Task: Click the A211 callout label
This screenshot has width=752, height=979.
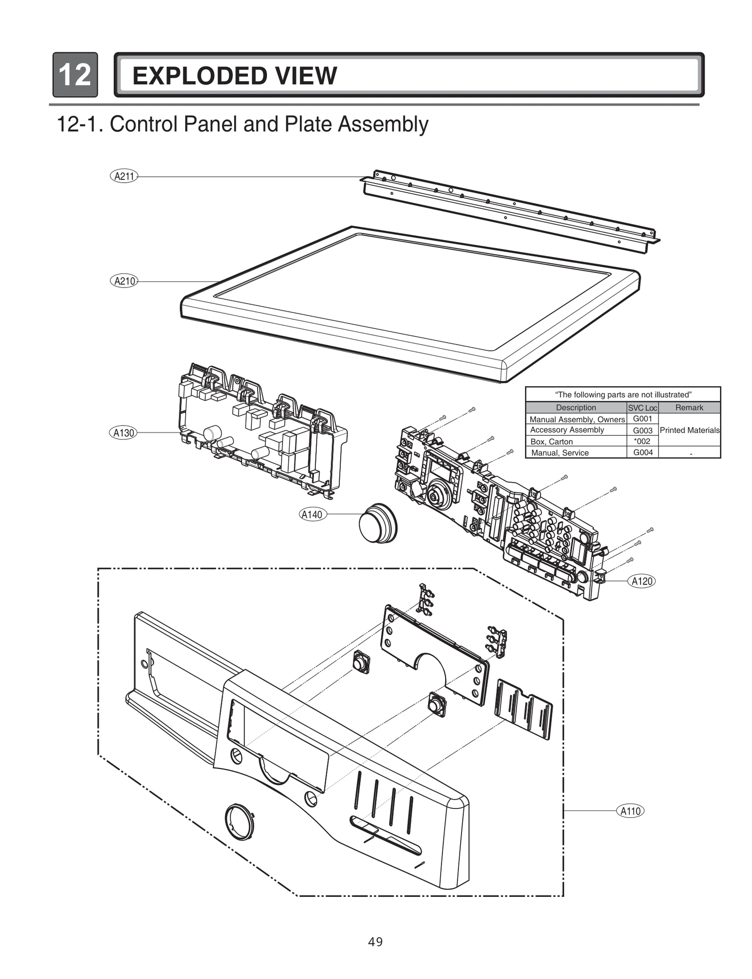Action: click(124, 176)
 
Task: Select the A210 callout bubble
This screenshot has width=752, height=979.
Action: click(124, 281)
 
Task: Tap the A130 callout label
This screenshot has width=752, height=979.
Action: click(124, 433)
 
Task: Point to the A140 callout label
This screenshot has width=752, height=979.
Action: click(313, 514)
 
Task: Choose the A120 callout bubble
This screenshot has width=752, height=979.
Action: click(642, 581)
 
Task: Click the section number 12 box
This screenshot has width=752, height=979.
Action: click(75, 75)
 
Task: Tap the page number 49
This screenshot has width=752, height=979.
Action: click(375, 941)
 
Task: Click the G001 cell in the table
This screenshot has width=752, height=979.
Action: click(642, 419)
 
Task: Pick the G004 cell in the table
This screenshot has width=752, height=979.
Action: click(642, 452)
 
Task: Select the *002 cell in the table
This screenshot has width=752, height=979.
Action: click(642, 441)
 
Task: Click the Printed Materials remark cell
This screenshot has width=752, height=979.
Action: click(689, 430)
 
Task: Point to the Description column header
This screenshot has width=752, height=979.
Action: click(576, 408)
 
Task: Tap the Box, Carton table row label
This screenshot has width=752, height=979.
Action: click(551, 442)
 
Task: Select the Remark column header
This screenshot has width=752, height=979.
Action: click(689, 408)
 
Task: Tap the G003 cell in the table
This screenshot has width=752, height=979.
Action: click(642, 430)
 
